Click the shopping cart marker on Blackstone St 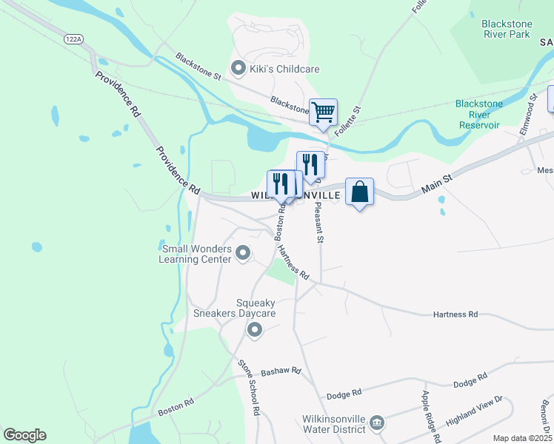[x=323, y=112]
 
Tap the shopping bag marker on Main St [x=359, y=192]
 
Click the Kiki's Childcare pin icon [x=238, y=69]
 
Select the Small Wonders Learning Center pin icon [x=243, y=255]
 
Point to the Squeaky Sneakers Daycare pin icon [x=255, y=329]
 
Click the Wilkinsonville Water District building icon [x=377, y=423]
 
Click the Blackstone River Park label [x=507, y=29]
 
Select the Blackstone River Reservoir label [x=479, y=115]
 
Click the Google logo [x=24, y=435]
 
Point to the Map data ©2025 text [x=523, y=438]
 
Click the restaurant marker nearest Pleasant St [x=310, y=164]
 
